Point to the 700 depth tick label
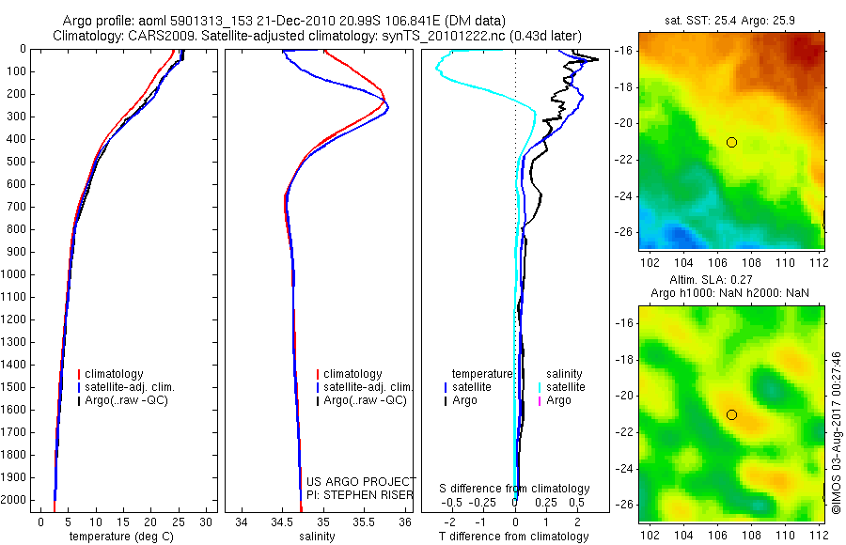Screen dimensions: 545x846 coord(15,207)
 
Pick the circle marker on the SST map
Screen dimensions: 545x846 coord(731,142)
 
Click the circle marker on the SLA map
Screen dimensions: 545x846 coord(731,414)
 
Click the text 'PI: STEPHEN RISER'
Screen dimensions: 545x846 coord(361,494)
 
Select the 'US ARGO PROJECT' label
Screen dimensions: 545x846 coord(361,481)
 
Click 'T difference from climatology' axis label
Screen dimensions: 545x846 coord(514,537)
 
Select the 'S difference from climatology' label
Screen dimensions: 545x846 coord(514,489)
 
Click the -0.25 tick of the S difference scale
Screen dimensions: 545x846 coord(489,502)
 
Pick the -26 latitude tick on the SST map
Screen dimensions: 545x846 coord(626,231)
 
